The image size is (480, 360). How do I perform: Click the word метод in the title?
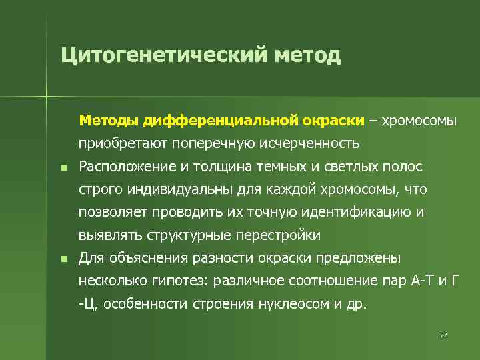[x=307, y=55]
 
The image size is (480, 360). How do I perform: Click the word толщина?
[x=223, y=167]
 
